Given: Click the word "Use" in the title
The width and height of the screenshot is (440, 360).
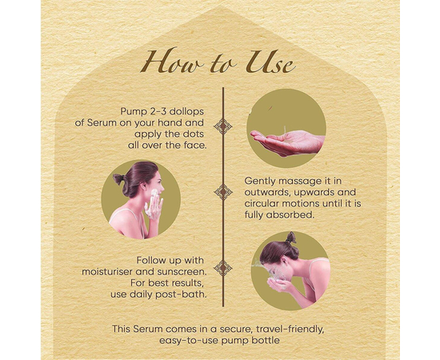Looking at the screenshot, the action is [x=270, y=62].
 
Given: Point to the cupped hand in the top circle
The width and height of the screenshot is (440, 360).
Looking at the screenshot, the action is [x=288, y=142].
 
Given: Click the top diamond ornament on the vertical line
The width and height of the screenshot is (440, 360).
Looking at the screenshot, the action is [x=223, y=126].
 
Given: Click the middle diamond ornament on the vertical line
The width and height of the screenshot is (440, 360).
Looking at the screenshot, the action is [x=223, y=192].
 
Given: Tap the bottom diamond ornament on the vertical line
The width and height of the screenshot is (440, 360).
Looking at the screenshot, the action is [x=223, y=268].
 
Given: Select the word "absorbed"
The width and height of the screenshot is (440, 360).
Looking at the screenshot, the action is [x=290, y=215].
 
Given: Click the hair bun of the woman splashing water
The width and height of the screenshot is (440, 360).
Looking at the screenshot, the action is [x=291, y=238].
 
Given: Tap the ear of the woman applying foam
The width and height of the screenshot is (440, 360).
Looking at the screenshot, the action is [x=142, y=186].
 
